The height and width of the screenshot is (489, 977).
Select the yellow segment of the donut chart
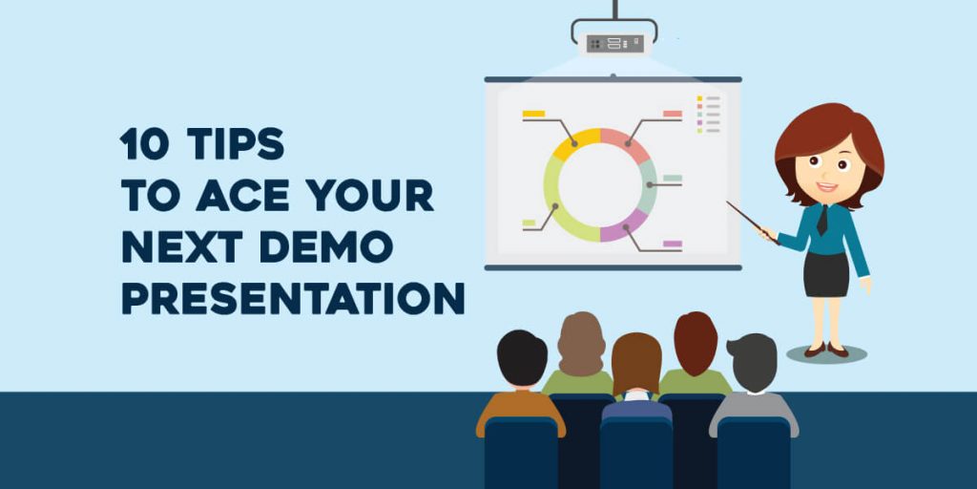point(576,143)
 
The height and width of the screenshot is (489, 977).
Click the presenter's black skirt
point(825,274)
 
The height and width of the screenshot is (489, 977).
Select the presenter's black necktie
point(821,221)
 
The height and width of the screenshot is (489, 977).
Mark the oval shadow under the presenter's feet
point(826,354)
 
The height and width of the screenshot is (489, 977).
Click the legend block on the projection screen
point(709,114)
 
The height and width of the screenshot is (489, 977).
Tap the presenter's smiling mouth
point(826,187)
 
